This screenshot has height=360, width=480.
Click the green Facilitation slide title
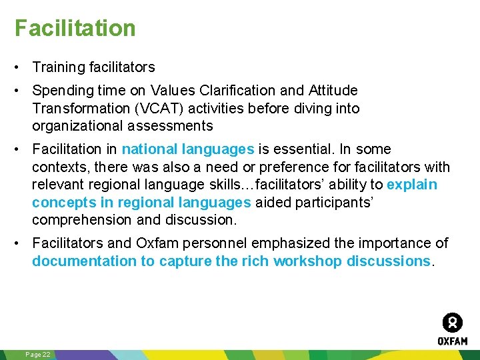click(x=75, y=28)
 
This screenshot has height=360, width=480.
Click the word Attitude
click(x=333, y=90)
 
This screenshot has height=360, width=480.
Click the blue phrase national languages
click(x=187, y=149)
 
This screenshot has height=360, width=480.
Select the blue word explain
click(x=412, y=185)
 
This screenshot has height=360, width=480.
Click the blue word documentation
click(x=85, y=261)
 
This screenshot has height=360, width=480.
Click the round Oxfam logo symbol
click(x=452, y=323)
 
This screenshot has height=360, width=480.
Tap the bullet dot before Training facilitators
click(x=22, y=67)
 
